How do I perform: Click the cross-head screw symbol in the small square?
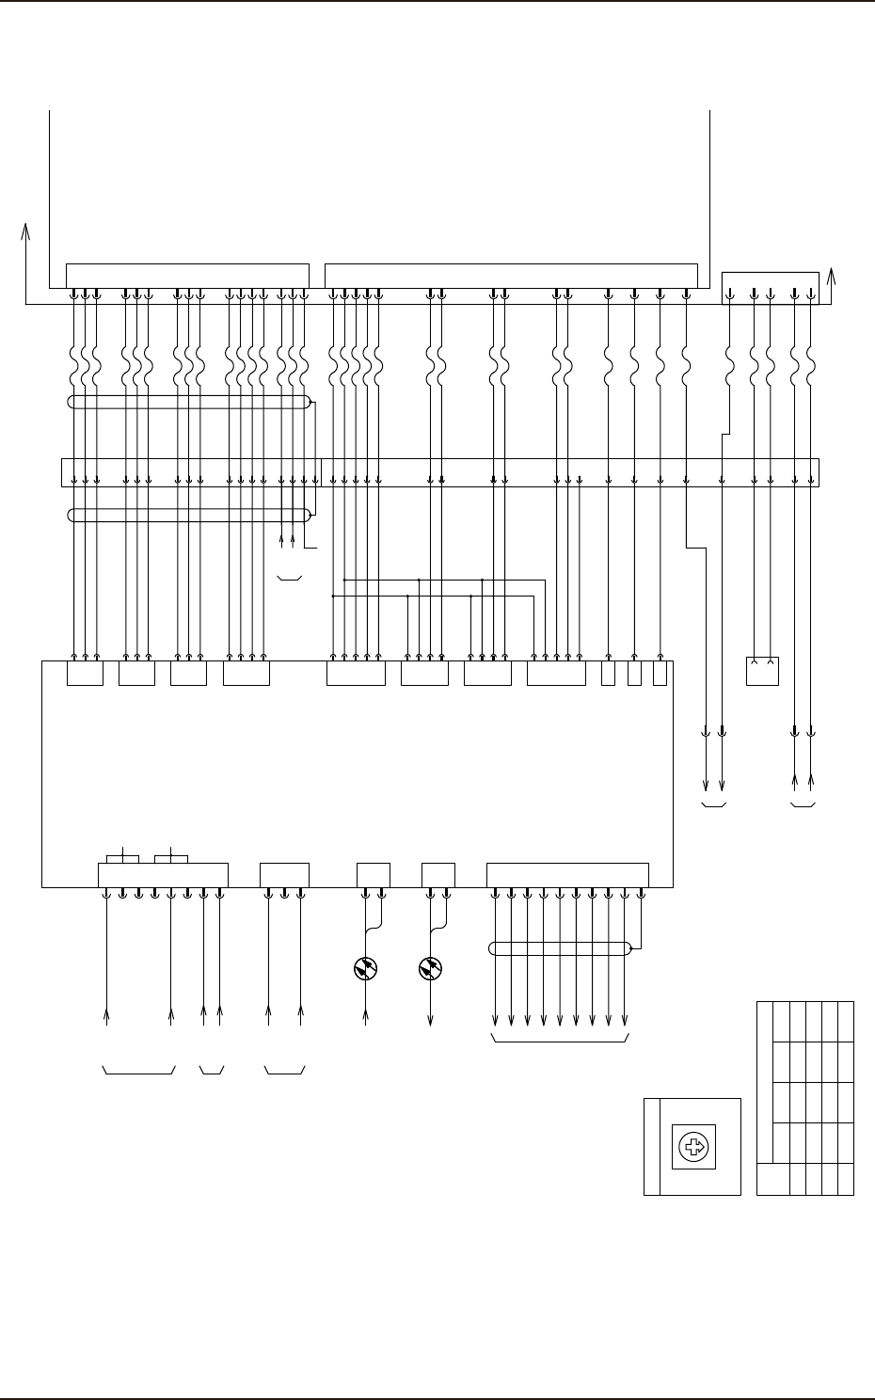pos(693,1147)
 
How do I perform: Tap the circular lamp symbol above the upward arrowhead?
pos(365,968)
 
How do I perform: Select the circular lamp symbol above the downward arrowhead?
pos(431,968)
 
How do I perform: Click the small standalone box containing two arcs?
pos(762,670)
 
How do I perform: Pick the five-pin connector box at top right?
pos(770,288)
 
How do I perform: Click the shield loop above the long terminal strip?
pos(189,403)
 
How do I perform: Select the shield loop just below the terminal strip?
pos(189,515)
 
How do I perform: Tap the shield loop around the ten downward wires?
pos(561,948)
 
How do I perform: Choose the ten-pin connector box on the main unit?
pos(567,874)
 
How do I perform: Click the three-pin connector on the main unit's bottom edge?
pos(284,874)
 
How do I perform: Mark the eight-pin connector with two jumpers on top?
pos(164,874)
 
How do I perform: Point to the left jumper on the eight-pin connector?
pos(123,857)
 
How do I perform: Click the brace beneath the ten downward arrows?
pos(561,1040)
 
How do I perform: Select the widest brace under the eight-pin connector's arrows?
pos(138,1071)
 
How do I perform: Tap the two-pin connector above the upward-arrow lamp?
pos(374,874)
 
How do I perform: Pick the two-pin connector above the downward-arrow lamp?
pos(438,874)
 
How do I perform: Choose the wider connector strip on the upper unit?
pos(511,276)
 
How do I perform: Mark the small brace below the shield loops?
pos(290,579)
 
